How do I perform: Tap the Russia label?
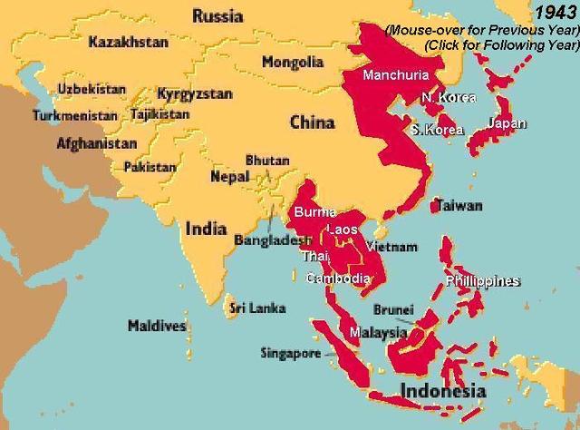tap(217, 15)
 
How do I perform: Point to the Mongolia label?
tap(292, 63)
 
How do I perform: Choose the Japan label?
tap(507, 123)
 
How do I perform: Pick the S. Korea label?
tap(437, 130)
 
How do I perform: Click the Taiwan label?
tap(459, 206)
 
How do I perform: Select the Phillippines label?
tap(483, 281)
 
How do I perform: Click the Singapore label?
tap(290, 353)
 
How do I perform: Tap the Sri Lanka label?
tap(258, 308)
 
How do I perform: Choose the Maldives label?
tap(157, 326)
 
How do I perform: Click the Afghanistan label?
tap(97, 143)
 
